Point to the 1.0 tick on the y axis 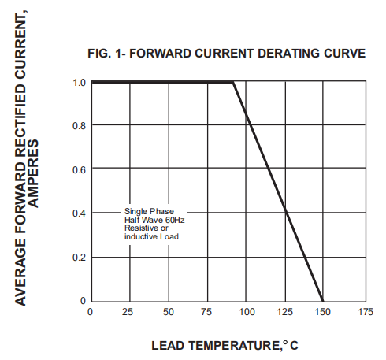79,82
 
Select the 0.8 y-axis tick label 79,126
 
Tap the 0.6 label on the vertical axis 79,169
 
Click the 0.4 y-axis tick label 79,213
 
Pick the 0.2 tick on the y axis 79,258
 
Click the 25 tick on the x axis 129,313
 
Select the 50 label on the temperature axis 169,313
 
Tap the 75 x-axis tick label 207,313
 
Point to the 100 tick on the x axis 246,313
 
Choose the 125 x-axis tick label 284,313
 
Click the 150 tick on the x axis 323,313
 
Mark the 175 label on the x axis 362,313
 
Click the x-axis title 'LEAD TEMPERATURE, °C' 225,346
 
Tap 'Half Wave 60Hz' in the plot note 154,221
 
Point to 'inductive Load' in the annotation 152,237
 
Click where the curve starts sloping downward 234,82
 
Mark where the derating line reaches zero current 323,301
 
